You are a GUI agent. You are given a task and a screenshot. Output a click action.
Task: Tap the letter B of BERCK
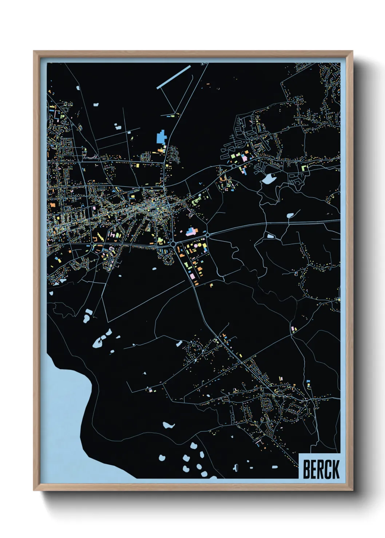pyautogui.click(x=306, y=469)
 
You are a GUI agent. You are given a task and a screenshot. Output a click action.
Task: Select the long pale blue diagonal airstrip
pyautogui.click(x=174, y=77)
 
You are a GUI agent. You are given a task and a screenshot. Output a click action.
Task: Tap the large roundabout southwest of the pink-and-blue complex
pyautogui.click(x=174, y=244)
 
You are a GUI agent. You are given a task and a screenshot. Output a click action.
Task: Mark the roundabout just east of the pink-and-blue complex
pyautogui.click(x=207, y=235)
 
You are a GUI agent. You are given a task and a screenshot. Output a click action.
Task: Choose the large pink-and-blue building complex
pyautogui.click(x=191, y=232)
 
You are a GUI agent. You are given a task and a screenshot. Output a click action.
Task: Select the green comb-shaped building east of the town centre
pyautogui.click(x=197, y=200)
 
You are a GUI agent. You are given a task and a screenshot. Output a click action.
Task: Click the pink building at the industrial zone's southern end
pyautogui.click(x=192, y=277)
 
